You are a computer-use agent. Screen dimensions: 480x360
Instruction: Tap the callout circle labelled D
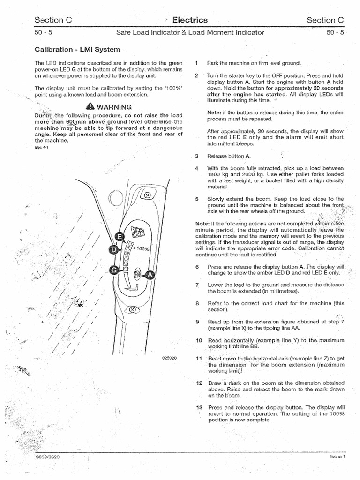113,250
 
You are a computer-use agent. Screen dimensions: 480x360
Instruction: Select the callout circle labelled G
113,270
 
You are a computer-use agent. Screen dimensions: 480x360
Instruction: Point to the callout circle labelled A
150,275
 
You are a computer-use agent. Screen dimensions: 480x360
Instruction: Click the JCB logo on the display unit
137,233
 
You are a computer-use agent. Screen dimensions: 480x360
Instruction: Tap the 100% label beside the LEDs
142,248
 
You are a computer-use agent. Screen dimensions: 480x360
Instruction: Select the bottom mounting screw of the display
133,310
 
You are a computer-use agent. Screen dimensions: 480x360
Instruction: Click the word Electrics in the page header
190,20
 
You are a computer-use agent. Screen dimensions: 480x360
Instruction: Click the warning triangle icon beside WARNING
90,106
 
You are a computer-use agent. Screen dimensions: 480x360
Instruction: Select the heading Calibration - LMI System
77,49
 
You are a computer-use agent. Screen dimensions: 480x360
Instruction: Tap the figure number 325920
170,358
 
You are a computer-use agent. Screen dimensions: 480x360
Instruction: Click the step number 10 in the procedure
199,340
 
